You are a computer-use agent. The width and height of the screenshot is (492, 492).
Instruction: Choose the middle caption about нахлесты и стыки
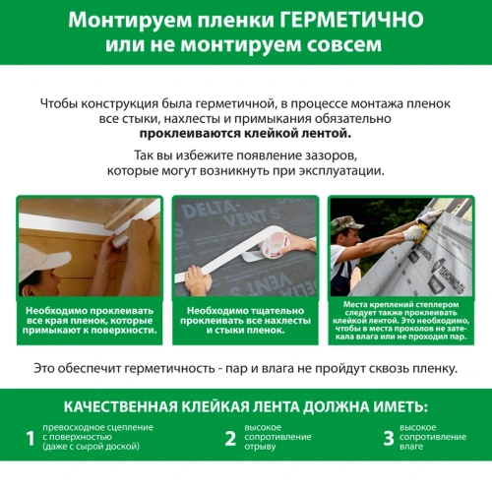point(245,318)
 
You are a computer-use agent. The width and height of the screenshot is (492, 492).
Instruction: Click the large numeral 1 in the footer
point(31,437)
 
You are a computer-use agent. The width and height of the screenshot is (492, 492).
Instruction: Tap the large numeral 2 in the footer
point(230,437)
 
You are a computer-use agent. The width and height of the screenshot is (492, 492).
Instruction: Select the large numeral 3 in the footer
point(390,437)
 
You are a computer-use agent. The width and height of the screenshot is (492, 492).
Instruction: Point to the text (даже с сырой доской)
point(91,447)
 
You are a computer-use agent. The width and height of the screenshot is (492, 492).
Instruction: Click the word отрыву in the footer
point(264,447)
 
